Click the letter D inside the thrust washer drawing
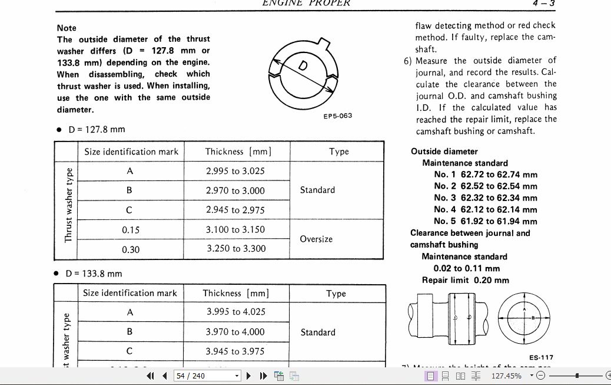[303, 66]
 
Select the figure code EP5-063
[338, 116]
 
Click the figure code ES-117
[540, 357]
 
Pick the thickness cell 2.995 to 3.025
[235, 171]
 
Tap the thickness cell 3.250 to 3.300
[236, 249]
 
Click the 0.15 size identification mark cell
[130, 230]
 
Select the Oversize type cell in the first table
[316, 239]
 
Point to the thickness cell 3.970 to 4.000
[235, 332]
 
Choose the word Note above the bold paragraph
[67, 28]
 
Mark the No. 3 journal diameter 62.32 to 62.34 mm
[486, 198]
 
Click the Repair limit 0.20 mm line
[465, 280]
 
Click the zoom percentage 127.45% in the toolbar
[506, 376]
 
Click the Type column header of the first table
[338, 152]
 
